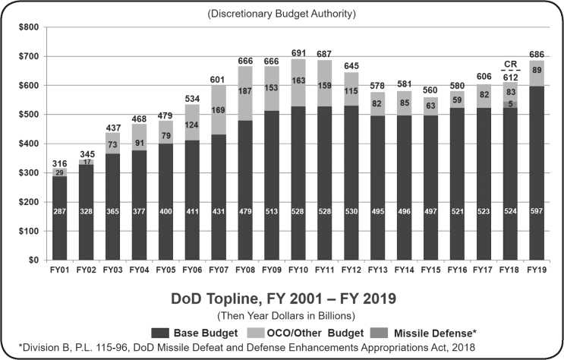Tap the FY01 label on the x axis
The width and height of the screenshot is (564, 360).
click(x=59, y=270)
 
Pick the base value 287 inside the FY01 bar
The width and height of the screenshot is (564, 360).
click(x=59, y=211)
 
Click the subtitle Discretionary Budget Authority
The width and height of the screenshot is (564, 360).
click(x=282, y=14)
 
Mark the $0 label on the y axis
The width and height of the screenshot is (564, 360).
click(x=32, y=260)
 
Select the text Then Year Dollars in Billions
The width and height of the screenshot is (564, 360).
click(x=282, y=313)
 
